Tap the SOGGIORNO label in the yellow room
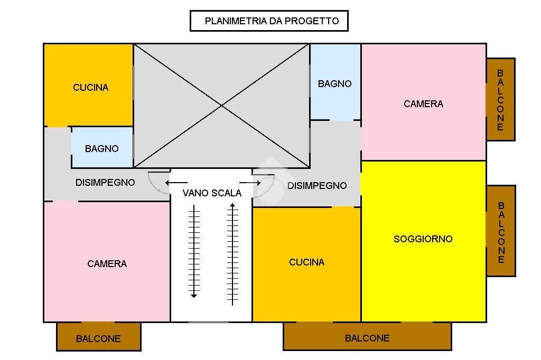coord(423,239)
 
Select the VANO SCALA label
coord(212,193)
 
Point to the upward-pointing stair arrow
coord(232,253)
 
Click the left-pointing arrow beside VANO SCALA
coord(173,183)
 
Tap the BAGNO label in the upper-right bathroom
coord(334,84)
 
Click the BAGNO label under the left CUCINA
coord(101,149)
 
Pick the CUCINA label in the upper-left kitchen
coord(90,88)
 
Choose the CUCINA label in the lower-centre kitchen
coord(306,262)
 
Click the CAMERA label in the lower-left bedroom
coord(107,264)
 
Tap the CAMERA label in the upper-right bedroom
coord(423,104)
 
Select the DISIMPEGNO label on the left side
coord(105,183)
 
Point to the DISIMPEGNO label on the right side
coord(317,186)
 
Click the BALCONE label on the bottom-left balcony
coord(98,339)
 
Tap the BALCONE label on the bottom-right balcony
coord(367,338)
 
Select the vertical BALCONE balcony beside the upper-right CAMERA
coord(500,100)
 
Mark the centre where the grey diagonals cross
coord(221,106)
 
